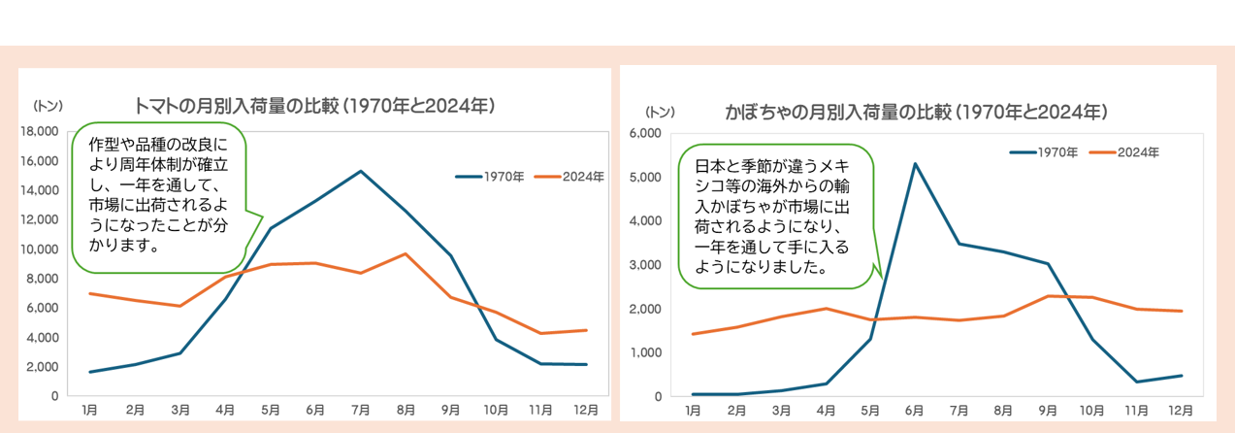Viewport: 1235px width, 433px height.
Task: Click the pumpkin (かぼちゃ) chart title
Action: pyautogui.click(x=916, y=112)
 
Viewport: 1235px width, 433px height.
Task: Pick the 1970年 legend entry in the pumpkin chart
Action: pyautogui.click(x=1045, y=152)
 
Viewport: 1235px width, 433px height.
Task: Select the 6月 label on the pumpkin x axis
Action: pyautogui.click(x=914, y=412)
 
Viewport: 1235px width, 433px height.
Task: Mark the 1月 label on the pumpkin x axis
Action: pyautogui.click(x=693, y=412)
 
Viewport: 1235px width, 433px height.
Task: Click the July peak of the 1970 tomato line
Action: pyautogui.click(x=360, y=171)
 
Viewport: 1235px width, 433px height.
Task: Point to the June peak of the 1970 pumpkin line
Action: pyautogui.click(x=914, y=163)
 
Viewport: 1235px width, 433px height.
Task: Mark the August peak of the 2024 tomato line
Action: pyautogui.click(x=406, y=253)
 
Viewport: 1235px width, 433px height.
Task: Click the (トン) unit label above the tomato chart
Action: pyautogui.click(x=49, y=105)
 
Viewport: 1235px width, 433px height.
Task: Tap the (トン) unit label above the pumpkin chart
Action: pyautogui.click(x=660, y=112)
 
